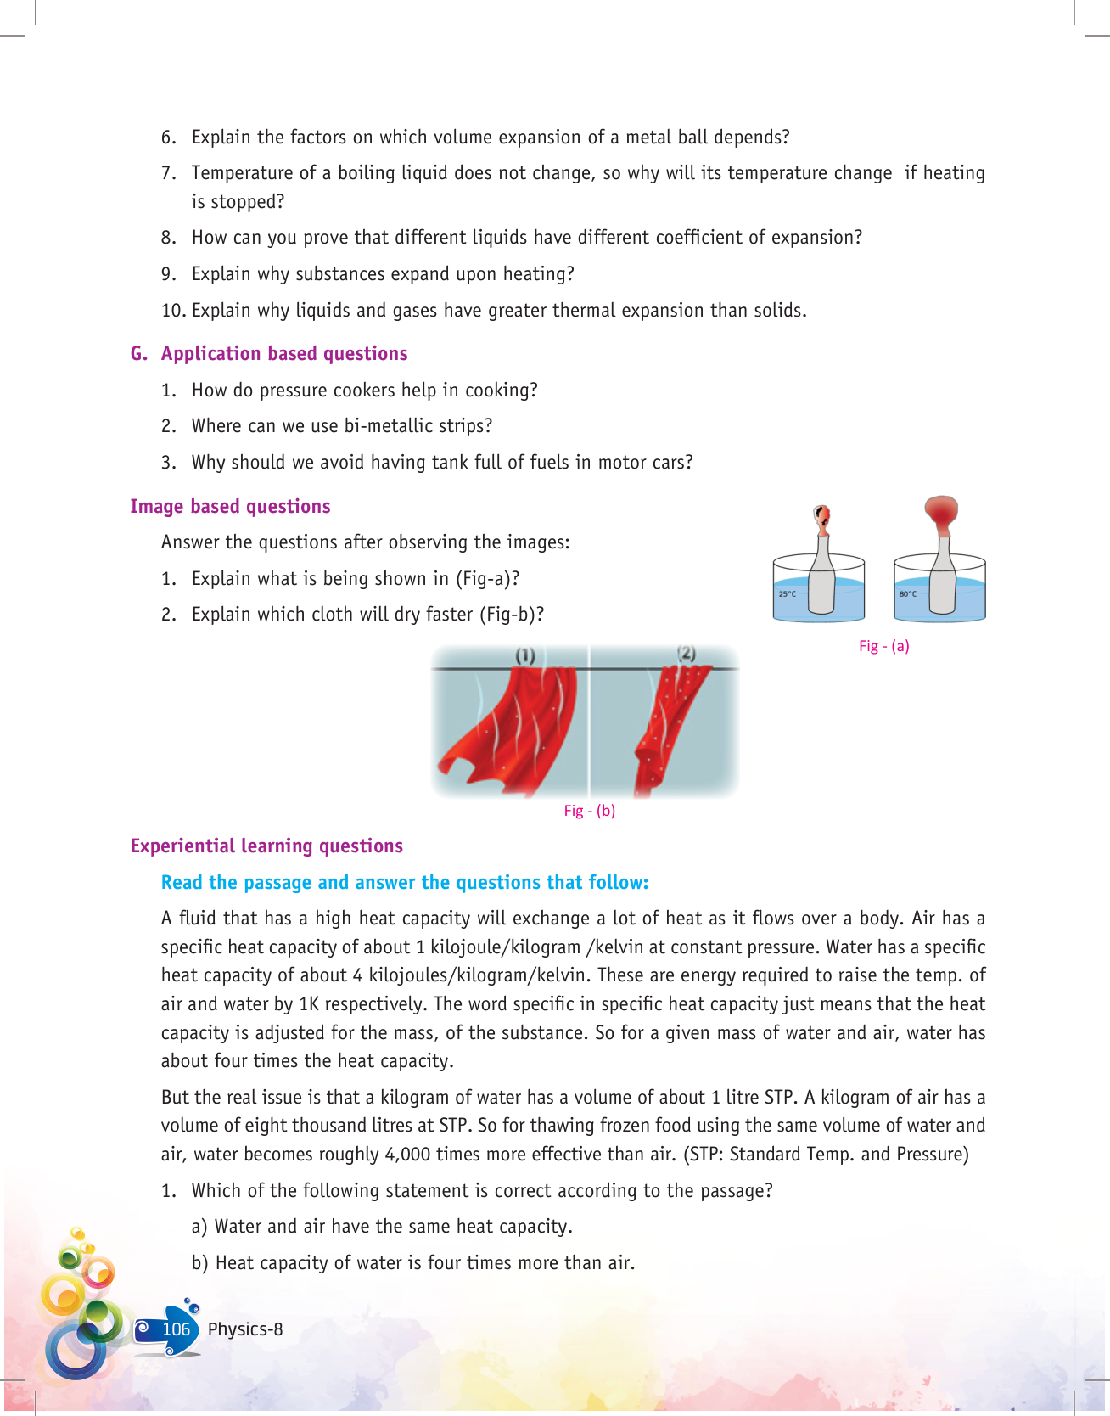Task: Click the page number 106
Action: pyautogui.click(x=177, y=1329)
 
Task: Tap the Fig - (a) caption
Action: pyautogui.click(x=883, y=646)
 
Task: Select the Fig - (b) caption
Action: pyautogui.click(x=589, y=811)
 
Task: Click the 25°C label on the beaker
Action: pyautogui.click(x=788, y=594)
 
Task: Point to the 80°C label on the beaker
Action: pyautogui.click(x=907, y=594)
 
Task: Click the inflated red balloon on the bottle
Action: pyautogui.click(x=941, y=512)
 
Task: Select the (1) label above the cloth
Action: pyautogui.click(x=525, y=655)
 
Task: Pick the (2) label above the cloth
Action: pyautogui.click(x=687, y=653)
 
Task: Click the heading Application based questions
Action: pyautogui.click(x=284, y=354)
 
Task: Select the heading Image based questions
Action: pyautogui.click(x=230, y=507)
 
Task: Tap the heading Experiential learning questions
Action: pyautogui.click(x=266, y=846)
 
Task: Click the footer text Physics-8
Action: pyautogui.click(x=245, y=1329)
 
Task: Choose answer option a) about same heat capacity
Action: pyautogui.click(x=382, y=1227)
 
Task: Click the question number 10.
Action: pyautogui.click(x=173, y=311)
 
